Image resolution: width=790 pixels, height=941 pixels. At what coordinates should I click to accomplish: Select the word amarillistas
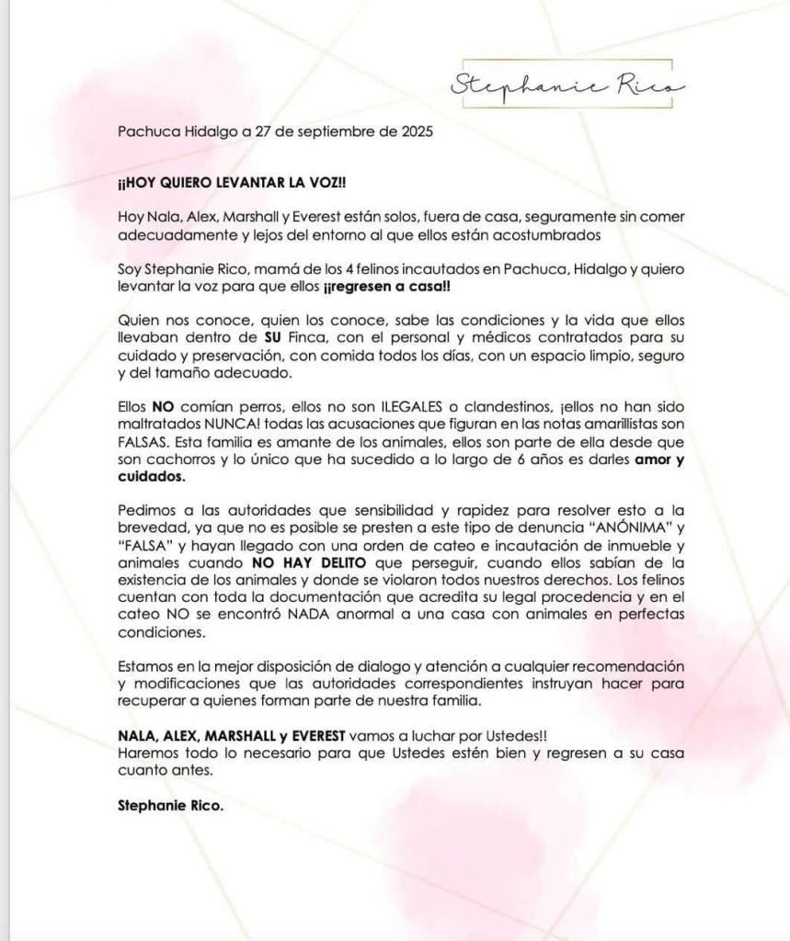[x=622, y=423]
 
